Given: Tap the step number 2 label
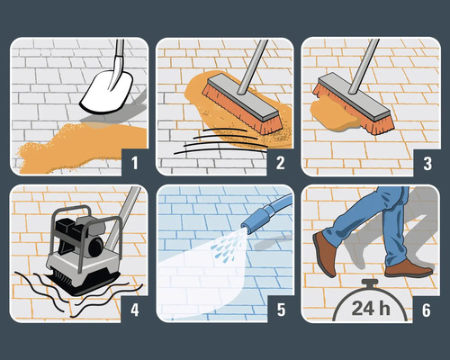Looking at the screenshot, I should click(281, 163).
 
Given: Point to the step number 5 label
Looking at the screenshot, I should click(281, 310).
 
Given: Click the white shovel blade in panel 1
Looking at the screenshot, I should click(106, 91).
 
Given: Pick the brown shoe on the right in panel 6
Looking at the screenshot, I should click(407, 267).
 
